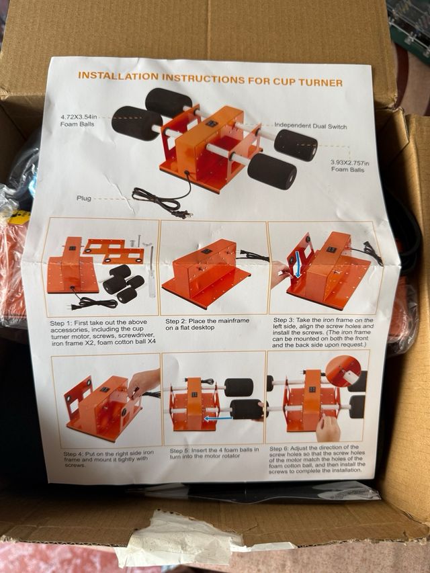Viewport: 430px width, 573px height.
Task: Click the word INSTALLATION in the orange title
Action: coord(118,77)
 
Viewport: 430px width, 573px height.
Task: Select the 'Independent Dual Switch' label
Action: coord(310,126)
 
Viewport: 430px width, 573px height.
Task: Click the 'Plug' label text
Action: coord(84,198)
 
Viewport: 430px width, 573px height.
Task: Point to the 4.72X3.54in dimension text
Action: coord(79,117)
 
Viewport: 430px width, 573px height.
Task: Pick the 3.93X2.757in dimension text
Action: coord(350,163)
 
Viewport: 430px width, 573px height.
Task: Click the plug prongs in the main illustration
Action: coord(184,214)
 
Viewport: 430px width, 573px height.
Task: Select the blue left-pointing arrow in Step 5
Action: coord(218,418)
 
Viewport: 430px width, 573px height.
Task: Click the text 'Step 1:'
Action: coord(61,323)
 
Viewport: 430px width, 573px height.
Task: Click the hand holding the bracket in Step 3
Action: coord(279,273)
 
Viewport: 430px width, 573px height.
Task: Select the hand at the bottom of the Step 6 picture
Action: coord(328,427)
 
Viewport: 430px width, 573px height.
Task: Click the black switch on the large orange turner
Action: coord(212,124)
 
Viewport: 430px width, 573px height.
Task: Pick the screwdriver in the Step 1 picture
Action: coord(152,271)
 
